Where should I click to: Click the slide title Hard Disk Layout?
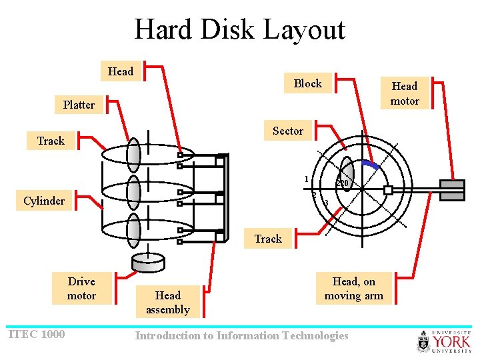(x=240, y=30)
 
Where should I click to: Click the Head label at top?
(x=121, y=71)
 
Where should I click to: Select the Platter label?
(x=79, y=105)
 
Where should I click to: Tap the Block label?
(x=307, y=83)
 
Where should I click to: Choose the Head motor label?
(x=405, y=93)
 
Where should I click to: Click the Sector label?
(x=287, y=131)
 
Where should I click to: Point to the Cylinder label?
(x=44, y=201)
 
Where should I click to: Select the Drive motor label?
(x=81, y=289)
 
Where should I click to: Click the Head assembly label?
(x=168, y=302)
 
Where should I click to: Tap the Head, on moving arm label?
(x=353, y=289)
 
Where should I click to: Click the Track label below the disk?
(x=268, y=239)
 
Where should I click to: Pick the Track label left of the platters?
(x=51, y=141)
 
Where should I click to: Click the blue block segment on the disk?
(x=370, y=164)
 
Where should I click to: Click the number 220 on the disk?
(x=343, y=183)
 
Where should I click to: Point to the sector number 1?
(x=306, y=179)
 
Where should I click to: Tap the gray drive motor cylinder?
(x=148, y=261)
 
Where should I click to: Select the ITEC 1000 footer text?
(x=36, y=334)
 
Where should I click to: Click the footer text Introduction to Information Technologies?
(x=241, y=335)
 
